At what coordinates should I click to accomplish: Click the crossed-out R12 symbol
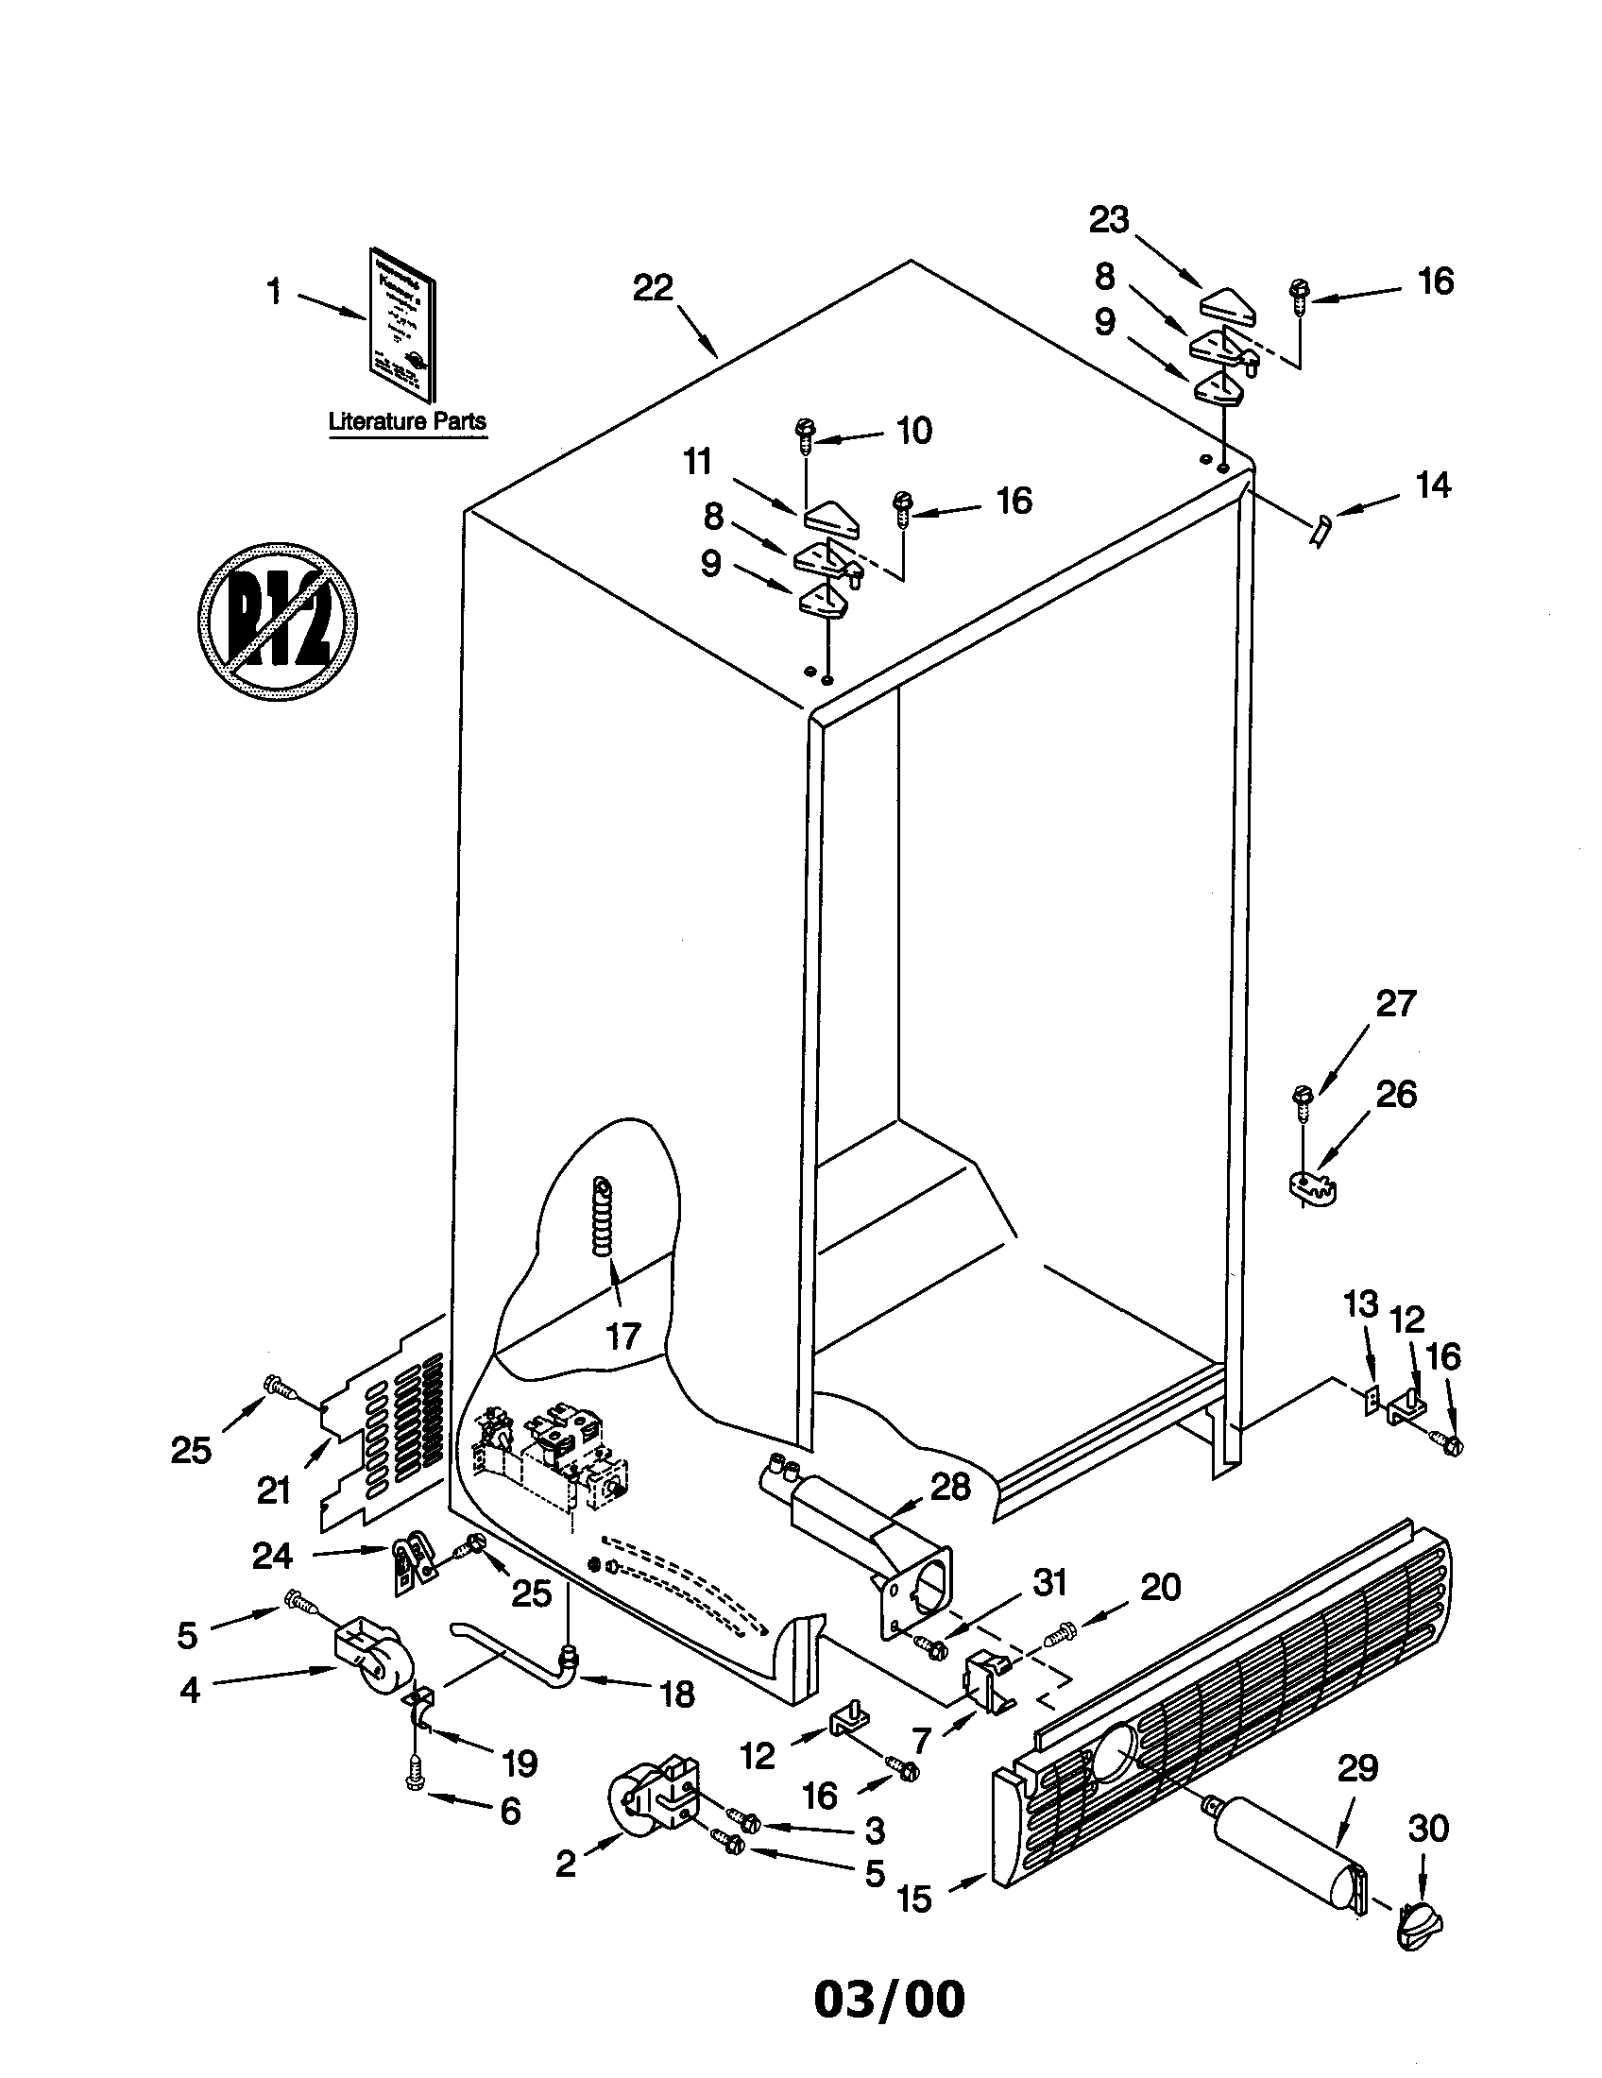pos(277,622)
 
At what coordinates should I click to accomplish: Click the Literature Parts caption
pos(407,421)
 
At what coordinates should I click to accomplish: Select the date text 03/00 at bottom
pos(889,2000)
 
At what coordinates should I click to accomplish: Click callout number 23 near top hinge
pos(1108,220)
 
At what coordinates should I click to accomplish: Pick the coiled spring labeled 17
pos(603,1219)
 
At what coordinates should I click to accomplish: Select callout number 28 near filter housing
pos(950,1487)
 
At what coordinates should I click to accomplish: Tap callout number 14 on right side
pos(1433,485)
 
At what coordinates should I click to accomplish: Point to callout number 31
pos(1049,1582)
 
